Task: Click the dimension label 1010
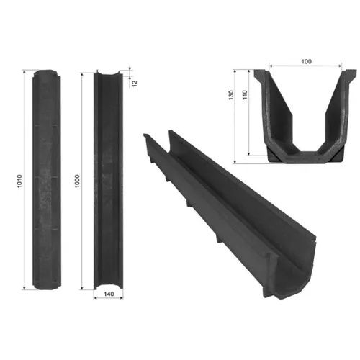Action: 19,181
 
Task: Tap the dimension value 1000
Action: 77,181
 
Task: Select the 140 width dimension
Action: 109,294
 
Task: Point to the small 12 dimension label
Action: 135,83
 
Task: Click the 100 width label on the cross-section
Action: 306,62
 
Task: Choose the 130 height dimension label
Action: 231,95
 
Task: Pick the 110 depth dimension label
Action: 245,95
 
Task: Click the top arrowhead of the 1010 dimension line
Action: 24,71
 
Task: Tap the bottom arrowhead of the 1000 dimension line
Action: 82,288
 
